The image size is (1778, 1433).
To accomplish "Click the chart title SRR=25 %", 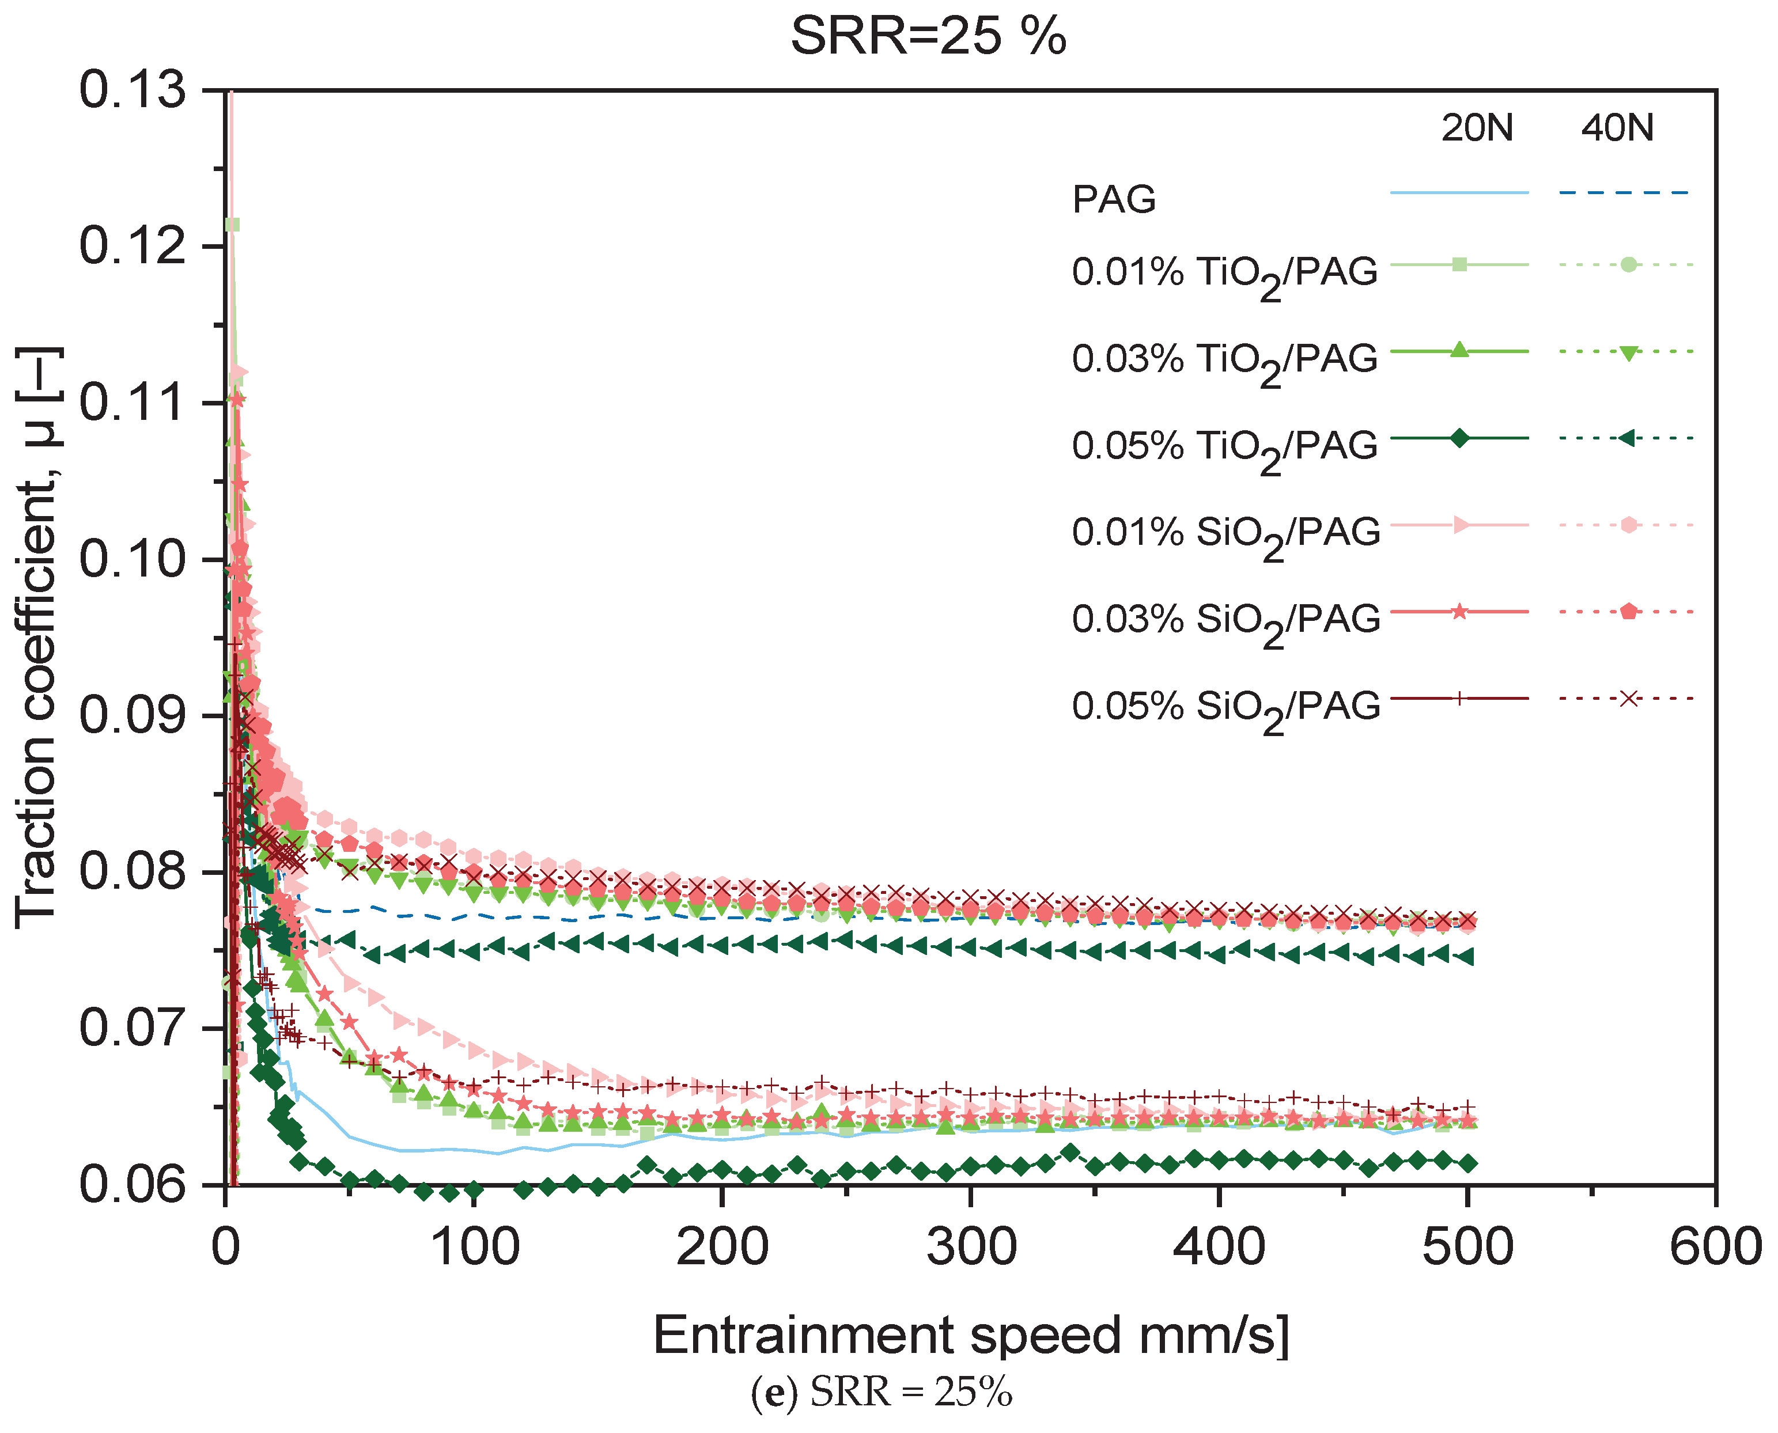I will [x=928, y=36].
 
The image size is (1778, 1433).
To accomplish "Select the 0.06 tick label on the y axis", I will [x=132, y=1185].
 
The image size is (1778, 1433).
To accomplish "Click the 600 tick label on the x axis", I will [x=1715, y=1248].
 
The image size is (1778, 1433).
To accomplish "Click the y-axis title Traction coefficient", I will [x=37, y=636].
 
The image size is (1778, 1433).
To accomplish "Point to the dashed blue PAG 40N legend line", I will [x=1624, y=193].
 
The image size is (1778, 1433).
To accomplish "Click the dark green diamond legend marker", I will [x=1459, y=438].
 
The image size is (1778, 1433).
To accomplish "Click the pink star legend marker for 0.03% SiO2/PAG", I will [x=1459, y=612].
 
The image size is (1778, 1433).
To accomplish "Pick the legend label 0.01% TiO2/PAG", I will [x=1224, y=273].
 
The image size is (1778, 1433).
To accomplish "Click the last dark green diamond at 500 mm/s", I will [x=1467, y=1164].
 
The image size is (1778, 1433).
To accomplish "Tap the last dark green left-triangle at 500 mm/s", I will [x=1467, y=957].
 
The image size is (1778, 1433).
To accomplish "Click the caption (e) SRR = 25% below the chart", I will [x=881, y=1393].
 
